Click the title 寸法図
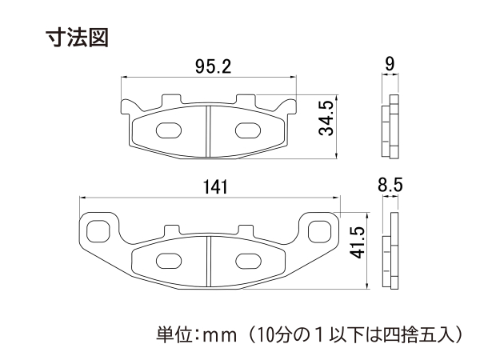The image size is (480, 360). click(77, 38)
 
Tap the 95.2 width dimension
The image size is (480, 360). click(214, 66)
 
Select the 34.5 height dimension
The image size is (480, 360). click(326, 118)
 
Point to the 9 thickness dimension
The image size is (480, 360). click(390, 64)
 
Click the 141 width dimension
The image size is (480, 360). click(215, 187)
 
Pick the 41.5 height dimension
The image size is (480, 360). click(358, 242)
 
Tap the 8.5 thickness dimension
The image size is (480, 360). click(390, 185)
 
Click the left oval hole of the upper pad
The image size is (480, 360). click(168, 130)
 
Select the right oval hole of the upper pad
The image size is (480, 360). click(248, 130)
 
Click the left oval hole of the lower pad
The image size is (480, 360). click(168, 261)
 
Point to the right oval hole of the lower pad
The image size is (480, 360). click(248, 261)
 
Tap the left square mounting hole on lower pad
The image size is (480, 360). click(98, 232)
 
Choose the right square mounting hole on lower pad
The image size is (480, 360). click(319, 232)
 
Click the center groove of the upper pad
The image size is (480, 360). click(208, 131)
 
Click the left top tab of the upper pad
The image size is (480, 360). click(171, 99)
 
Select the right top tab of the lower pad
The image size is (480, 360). click(246, 230)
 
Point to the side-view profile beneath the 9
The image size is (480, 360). click(390, 126)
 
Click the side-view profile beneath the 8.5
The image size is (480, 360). click(390, 250)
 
